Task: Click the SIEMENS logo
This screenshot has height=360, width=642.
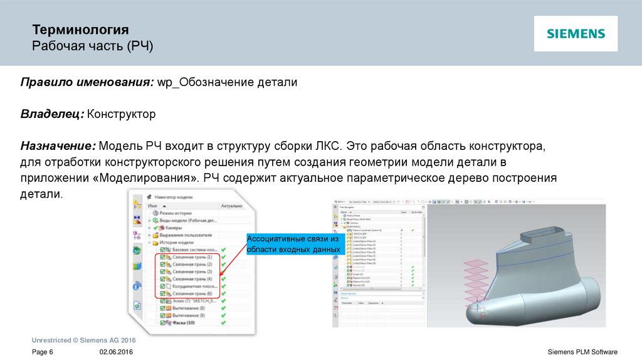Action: pos(576,34)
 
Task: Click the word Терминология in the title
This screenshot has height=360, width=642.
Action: pos(80,29)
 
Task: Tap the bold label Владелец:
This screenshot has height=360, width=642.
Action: pos(52,115)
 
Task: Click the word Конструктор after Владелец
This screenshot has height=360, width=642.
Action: pos(121,115)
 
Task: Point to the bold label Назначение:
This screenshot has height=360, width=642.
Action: pos(58,146)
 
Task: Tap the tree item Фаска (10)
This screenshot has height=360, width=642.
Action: pos(182,323)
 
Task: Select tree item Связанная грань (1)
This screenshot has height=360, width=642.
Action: pos(192,257)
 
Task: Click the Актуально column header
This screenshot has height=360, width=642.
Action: pos(231,205)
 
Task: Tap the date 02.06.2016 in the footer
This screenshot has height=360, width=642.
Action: pos(116,352)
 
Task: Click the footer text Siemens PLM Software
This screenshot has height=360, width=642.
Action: pos(582,352)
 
